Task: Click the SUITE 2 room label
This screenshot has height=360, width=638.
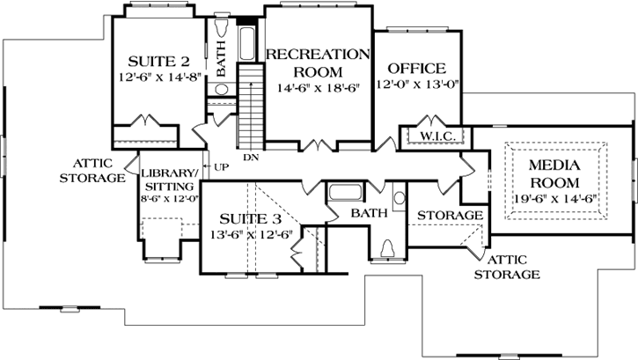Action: pyautogui.click(x=159, y=62)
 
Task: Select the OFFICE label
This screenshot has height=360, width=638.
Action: pyautogui.click(x=416, y=69)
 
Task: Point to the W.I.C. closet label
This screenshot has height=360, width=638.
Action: pyautogui.click(x=436, y=136)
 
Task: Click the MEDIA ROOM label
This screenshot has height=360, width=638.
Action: pyautogui.click(x=554, y=174)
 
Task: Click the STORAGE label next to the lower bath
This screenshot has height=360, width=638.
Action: pyautogui.click(x=450, y=216)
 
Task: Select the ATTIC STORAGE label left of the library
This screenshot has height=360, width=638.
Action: pyautogui.click(x=92, y=171)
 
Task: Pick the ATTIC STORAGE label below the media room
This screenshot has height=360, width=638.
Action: pyautogui.click(x=507, y=268)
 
